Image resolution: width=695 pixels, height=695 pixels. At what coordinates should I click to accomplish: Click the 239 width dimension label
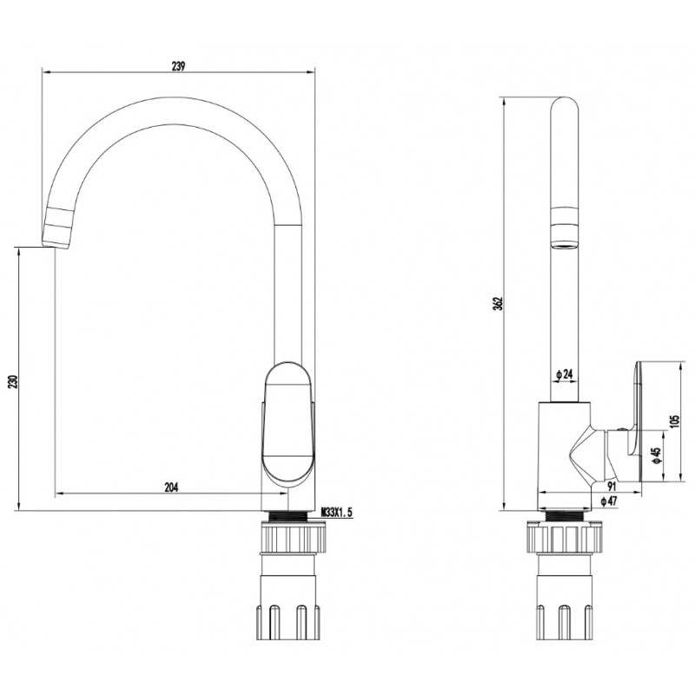[178, 67]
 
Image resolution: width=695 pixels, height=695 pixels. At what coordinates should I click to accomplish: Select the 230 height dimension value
[13, 381]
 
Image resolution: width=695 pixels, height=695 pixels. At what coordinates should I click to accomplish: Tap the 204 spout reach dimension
[171, 487]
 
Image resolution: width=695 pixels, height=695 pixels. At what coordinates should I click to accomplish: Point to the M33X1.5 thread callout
[337, 513]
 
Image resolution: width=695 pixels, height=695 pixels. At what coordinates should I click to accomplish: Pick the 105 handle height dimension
[674, 421]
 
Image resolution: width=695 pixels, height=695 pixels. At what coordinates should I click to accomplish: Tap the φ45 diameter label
[657, 455]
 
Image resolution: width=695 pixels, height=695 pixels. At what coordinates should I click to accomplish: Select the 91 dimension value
[612, 486]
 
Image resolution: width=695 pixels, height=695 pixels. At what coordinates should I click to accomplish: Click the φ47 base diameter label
[609, 501]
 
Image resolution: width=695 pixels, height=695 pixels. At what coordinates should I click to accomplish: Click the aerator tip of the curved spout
[57, 228]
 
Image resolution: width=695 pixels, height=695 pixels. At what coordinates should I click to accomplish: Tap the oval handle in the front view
[288, 423]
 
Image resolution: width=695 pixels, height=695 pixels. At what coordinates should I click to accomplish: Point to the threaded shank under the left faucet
[288, 515]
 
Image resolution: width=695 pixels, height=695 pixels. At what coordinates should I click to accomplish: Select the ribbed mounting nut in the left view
[294, 537]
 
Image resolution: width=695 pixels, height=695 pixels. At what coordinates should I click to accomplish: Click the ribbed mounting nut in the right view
[565, 537]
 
